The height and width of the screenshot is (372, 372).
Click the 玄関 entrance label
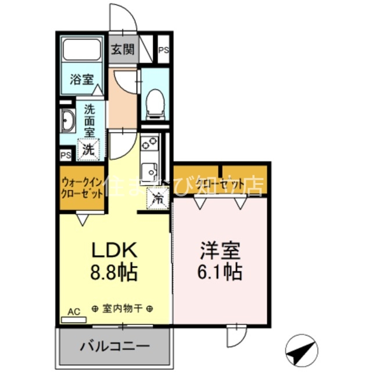click(x=123, y=49)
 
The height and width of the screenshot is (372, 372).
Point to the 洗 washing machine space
click(x=88, y=149)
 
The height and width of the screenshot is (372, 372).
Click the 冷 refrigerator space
click(x=158, y=198)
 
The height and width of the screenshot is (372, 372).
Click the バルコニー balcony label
click(x=115, y=347)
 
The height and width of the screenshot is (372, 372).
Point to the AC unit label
click(x=74, y=312)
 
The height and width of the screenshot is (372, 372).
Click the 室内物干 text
click(x=123, y=309)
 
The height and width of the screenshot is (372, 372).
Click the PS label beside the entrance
click(x=163, y=50)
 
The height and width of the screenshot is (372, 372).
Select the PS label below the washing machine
click(x=66, y=155)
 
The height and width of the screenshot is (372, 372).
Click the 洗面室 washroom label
click(x=89, y=120)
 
